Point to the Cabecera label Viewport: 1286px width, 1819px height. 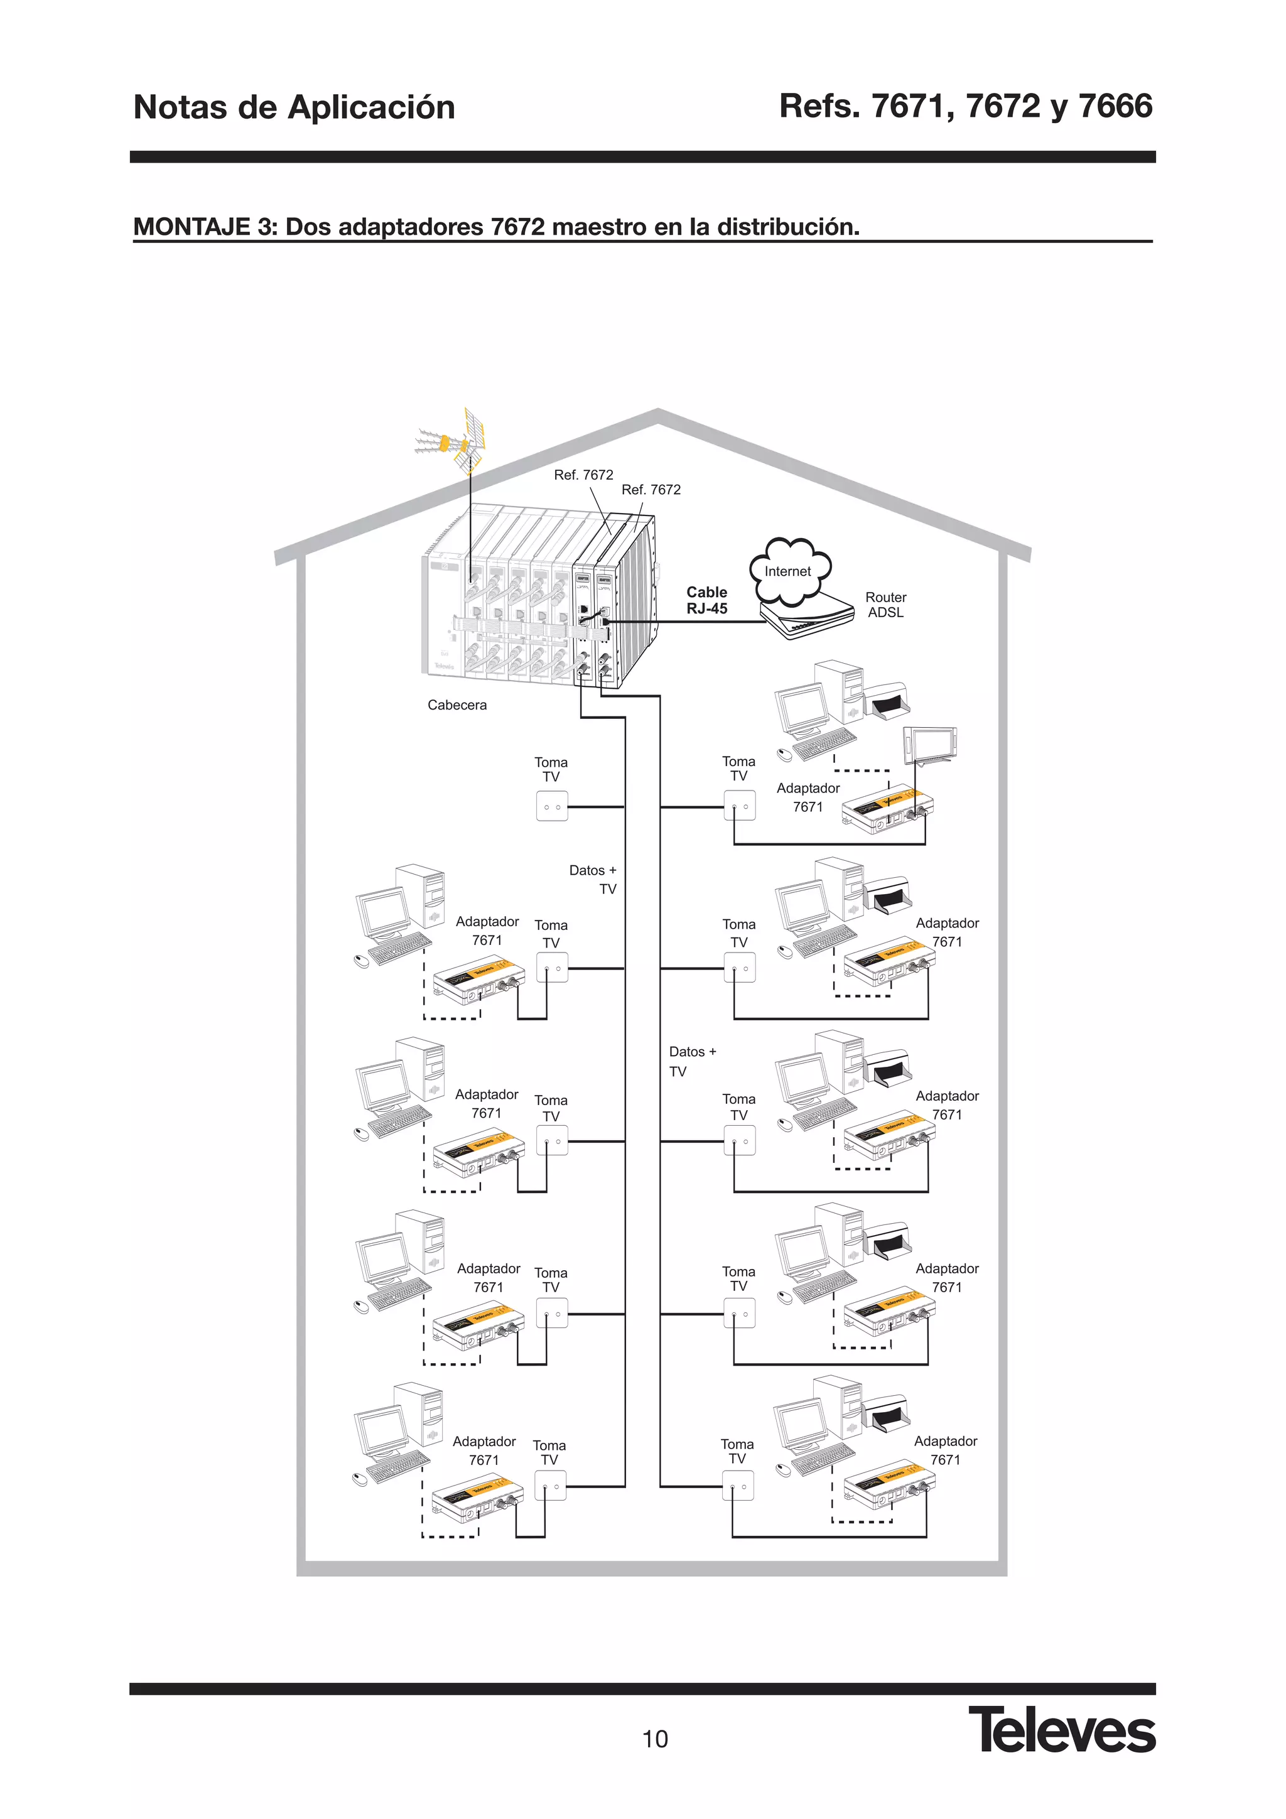click(457, 705)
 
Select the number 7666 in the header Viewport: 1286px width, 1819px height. click(1116, 106)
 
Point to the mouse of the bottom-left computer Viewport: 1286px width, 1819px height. click(360, 1479)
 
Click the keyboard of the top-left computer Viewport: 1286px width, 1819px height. click(400, 948)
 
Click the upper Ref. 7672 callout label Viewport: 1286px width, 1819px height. click(583, 475)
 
